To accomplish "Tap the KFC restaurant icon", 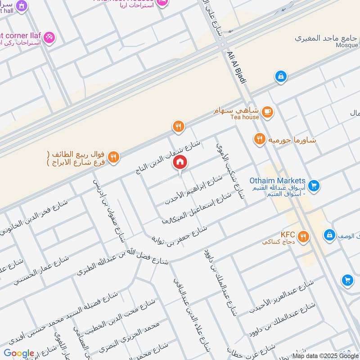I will coord(304,236).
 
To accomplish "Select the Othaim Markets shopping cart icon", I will coord(314,184).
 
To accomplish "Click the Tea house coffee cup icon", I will coord(267,112).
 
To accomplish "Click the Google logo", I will coord(19,353).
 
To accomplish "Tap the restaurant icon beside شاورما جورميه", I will coord(259,139).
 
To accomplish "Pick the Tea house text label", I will coord(245,117).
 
